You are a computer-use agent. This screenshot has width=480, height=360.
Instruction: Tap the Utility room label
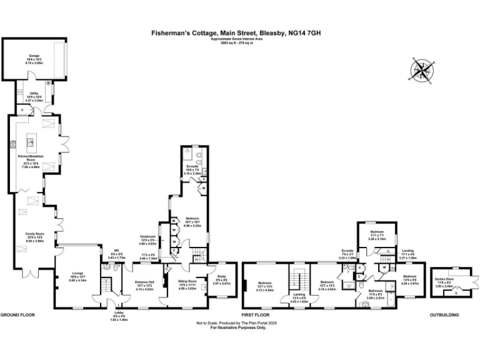[34, 95]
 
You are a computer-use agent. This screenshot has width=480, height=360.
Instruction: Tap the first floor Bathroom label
[376, 292]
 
